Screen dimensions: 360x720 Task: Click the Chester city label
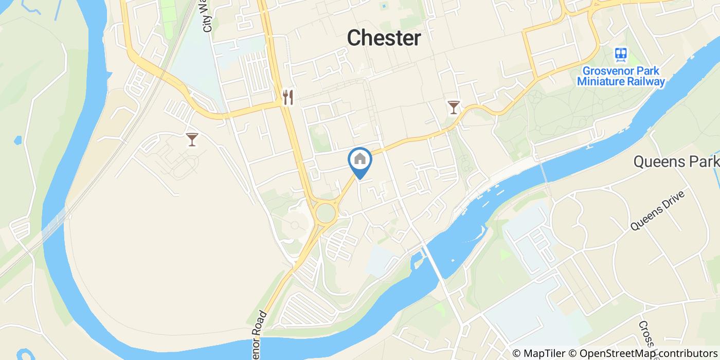[384, 38]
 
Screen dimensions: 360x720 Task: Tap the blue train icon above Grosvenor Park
[621, 55]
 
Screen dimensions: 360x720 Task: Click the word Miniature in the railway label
[602, 81]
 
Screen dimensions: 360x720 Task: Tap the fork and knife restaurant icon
[287, 97]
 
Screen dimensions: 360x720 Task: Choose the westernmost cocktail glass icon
[192, 139]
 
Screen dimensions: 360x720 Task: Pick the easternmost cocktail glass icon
[453, 107]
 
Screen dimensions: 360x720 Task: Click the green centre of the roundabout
[325, 212]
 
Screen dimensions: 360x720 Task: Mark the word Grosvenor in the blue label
[604, 71]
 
